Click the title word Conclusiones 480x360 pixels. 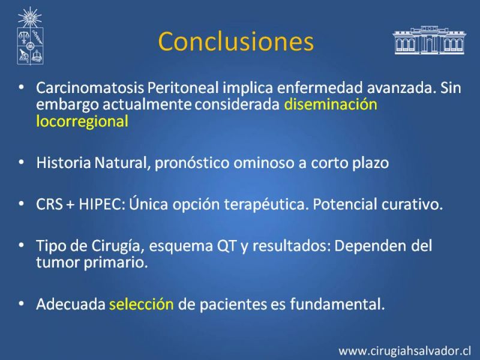pyautogui.click(x=236, y=41)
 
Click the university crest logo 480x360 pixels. pyautogui.click(x=30, y=36)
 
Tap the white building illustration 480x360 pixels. pyautogui.click(x=429, y=40)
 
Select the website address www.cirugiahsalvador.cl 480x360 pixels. pyautogui.click(x=404, y=351)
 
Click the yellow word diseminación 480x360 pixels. pyautogui.click(x=331, y=104)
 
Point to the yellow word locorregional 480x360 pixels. pyautogui.click(x=82, y=121)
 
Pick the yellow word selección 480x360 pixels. pyautogui.click(x=142, y=304)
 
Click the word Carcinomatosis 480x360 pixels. pyautogui.click(x=90, y=88)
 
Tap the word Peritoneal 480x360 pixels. pyautogui.click(x=183, y=88)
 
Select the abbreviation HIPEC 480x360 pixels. pyautogui.click(x=100, y=204)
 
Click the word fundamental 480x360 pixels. pyautogui.click(x=337, y=304)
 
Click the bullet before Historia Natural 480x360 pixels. pyautogui.click(x=21, y=162)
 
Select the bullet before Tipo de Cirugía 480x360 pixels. pyautogui.click(x=21, y=245)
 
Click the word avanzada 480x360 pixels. pyautogui.click(x=401, y=88)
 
